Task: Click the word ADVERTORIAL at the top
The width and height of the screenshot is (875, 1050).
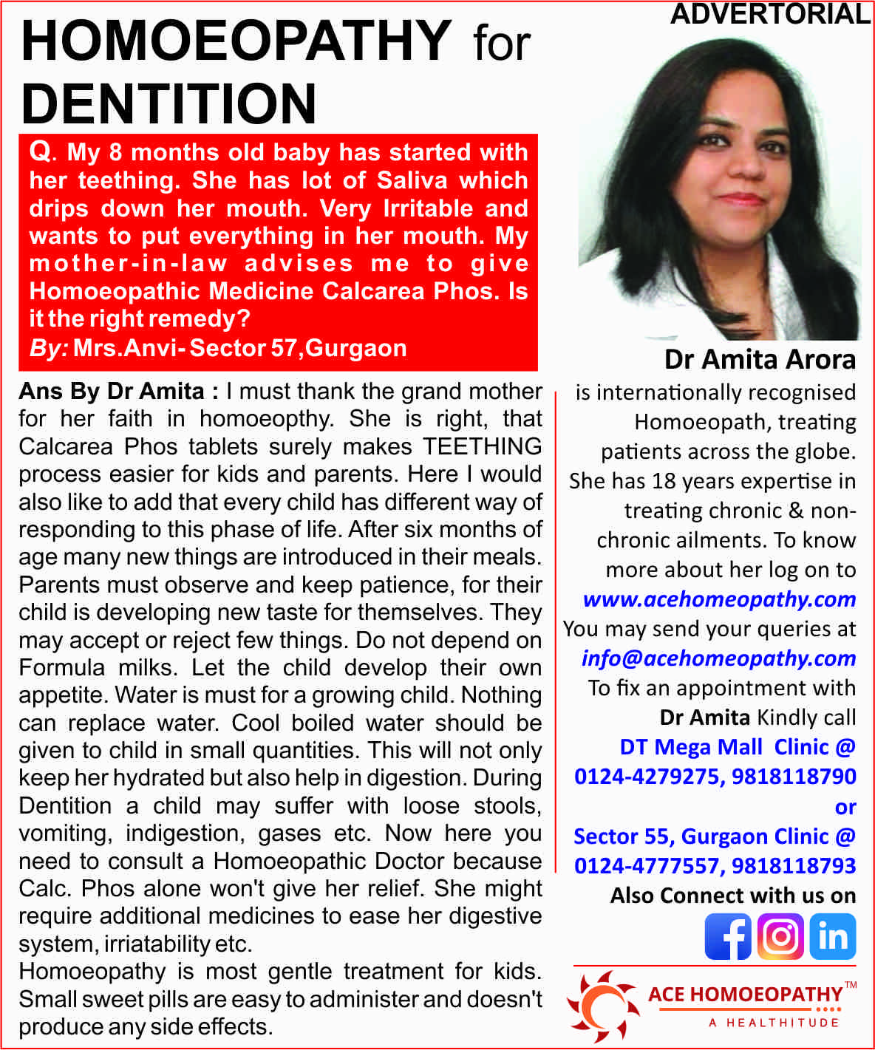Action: click(x=770, y=14)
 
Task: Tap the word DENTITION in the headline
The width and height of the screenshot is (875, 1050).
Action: click(x=169, y=103)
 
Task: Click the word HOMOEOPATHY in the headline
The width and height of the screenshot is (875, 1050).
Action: click(x=236, y=41)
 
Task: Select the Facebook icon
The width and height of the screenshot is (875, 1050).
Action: click(x=727, y=936)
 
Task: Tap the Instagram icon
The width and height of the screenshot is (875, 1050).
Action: click(x=780, y=936)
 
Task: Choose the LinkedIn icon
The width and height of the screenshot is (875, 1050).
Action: click(x=833, y=936)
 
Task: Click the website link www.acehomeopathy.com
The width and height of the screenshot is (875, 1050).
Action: click(x=719, y=599)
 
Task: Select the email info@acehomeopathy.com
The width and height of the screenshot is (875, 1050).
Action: click(x=718, y=658)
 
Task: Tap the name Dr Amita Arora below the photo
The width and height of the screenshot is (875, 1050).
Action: click(x=760, y=360)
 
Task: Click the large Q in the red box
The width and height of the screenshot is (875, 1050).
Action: click(x=40, y=151)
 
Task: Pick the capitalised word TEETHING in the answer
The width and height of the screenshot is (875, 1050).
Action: click(x=482, y=446)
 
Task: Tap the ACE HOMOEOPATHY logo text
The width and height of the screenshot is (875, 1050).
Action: click(x=745, y=995)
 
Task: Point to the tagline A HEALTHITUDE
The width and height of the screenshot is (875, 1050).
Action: click(x=774, y=1023)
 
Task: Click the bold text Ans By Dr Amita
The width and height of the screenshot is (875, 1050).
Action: click(x=111, y=391)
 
